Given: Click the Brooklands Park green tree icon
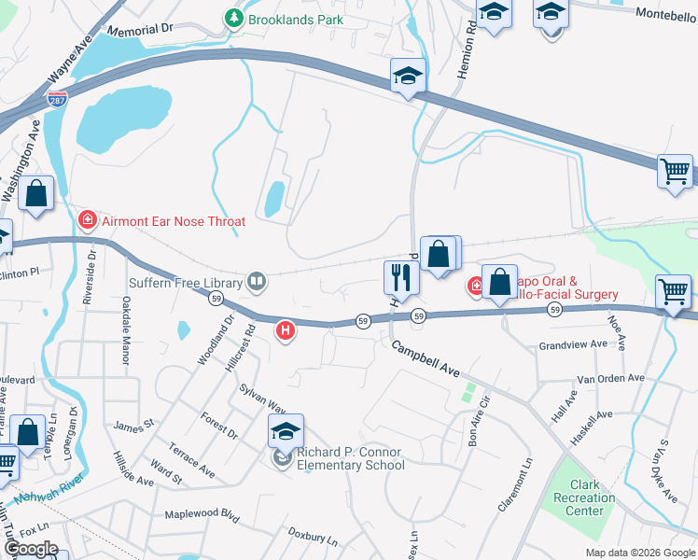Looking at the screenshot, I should pyautogui.click(x=232, y=19).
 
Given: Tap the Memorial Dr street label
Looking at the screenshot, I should pyautogui.click(x=140, y=30).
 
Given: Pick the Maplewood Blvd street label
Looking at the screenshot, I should pyautogui.click(x=202, y=514).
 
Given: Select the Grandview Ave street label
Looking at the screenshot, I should pyautogui.click(x=573, y=344).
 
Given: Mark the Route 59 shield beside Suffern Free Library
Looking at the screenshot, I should pyautogui.click(x=216, y=299).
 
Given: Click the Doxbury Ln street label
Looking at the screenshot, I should pyautogui.click(x=312, y=539).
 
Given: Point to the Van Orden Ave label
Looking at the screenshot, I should pyautogui.click(x=610, y=379).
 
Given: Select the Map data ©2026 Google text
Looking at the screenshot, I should pyautogui.click(x=639, y=553).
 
